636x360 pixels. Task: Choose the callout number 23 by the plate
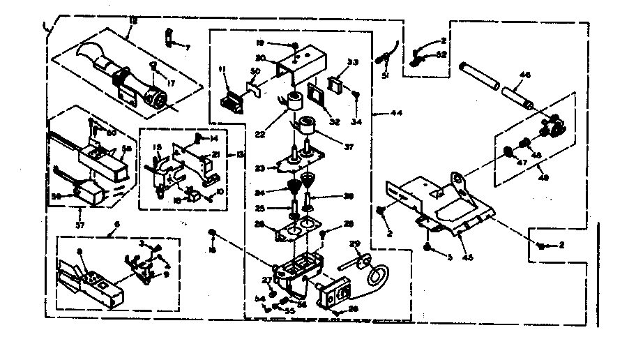[261, 168]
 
